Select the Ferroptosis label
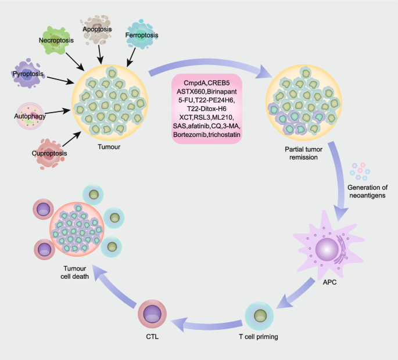coord(142,35)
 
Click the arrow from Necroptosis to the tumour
coord(79,59)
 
